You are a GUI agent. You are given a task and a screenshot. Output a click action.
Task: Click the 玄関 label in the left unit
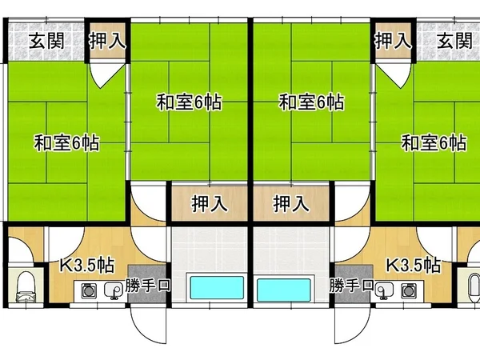pos(46,41)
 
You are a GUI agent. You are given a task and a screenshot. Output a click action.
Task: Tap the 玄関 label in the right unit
pos(454,41)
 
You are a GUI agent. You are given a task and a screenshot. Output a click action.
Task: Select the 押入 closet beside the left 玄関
pos(107,41)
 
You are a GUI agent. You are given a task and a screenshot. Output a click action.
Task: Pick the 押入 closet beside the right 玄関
pos(394,41)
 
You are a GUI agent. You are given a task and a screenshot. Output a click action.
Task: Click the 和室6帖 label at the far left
pos(66,142)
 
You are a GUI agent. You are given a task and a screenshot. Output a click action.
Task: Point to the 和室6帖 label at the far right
pos(434,142)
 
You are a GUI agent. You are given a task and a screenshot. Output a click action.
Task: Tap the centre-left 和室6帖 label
pos(189,102)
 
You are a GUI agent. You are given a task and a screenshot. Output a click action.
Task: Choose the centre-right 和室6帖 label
pos(312,102)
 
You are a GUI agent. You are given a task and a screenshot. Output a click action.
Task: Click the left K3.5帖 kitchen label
pos(86,265)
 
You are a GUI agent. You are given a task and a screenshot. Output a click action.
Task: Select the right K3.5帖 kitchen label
pos(414,265)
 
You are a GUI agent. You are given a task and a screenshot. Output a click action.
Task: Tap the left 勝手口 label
pos(147,286)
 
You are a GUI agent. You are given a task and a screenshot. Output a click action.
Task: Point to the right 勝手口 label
pos(352,286)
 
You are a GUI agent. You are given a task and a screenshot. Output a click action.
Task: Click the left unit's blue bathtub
pos(217,287)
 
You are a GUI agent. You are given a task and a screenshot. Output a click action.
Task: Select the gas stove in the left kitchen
pos(89,290)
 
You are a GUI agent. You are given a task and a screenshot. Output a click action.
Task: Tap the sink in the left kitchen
pos(114,290)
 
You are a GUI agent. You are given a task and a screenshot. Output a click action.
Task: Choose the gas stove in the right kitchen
pos(409,290)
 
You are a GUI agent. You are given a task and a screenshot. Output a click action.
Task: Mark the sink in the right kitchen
pos(384,290)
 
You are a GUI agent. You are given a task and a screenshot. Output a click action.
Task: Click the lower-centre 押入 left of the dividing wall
pos(210,203)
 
